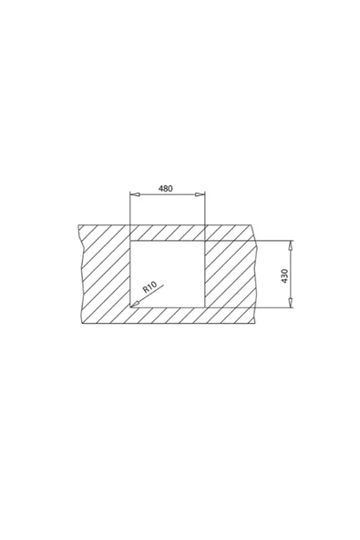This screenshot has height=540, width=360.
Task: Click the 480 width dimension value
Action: tap(165, 188)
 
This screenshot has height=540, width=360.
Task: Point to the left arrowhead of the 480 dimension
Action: tap(133, 194)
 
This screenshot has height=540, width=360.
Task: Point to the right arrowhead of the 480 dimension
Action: tap(202, 194)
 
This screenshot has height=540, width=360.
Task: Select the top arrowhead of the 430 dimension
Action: tap(291, 244)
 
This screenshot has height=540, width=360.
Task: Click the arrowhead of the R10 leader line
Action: tap(134, 305)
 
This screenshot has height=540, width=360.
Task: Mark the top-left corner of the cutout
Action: tap(131, 241)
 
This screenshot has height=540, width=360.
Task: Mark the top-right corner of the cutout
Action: tap(204, 241)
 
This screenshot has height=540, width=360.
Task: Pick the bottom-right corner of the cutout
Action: tap(204, 307)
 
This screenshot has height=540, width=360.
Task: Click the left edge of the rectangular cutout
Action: tap(131, 274)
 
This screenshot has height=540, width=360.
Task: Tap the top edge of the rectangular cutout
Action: tap(168, 241)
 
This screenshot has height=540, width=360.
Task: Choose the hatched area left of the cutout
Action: tap(105, 274)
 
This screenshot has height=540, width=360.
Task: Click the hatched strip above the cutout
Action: tap(168, 232)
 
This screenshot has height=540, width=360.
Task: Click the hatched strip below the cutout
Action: tap(168, 316)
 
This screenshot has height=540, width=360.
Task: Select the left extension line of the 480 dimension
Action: tap(130, 210)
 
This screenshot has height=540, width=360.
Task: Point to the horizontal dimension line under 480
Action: tap(168, 194)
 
